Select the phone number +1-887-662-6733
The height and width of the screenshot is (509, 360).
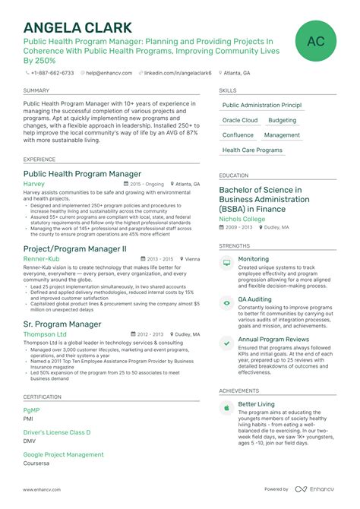pyautogui.click(x=52, y=73)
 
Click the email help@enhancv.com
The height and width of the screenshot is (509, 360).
pyautogui.click(x=109, y=73)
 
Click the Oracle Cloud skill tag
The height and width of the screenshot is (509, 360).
pyautogui.click(x=240, y=120)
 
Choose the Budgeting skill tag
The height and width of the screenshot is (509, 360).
pyautogui.click(x=283, y=120)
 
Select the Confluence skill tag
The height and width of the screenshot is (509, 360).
pyautogui.click(x=238, y=135)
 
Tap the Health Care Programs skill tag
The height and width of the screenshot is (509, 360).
pyautogui.click(x=252, y=150)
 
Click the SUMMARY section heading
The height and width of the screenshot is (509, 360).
pyautogui.click(x=36, y=90)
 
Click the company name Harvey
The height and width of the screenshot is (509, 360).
pyautogui.click(x=34, y=184)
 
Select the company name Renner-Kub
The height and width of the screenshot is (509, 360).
pyautogui.click(x=41, y=258)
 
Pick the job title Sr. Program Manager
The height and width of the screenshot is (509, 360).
pyautogui.click(x=62, y=324)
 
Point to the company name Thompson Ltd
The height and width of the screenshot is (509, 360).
pyautogui.click(x=45, y=334)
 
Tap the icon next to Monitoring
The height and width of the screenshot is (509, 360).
pyautogui.click(x=226, y=262)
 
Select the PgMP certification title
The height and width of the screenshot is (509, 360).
pyautogui.click(x=31, y=410)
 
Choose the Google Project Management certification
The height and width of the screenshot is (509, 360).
pyautogui.click(x=63, y=454)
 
